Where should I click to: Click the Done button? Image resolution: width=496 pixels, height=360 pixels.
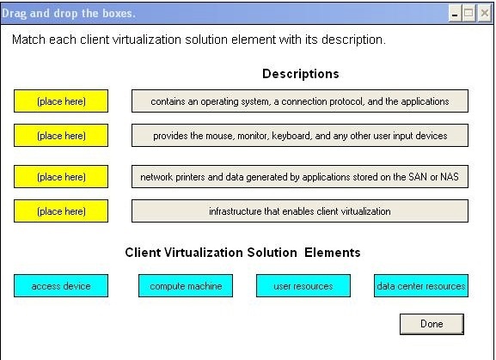click(x=432, y=324)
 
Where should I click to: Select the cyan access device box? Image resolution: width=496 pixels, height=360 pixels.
click(x=61, y=286)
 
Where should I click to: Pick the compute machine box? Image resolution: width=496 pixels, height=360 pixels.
click(x=186, y=286)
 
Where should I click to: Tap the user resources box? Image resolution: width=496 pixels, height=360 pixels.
click(x=303, y=286)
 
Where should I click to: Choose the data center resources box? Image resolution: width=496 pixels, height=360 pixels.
click(x=421, y=286)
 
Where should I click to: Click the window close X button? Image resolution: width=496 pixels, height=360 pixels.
click(x=485, y=14)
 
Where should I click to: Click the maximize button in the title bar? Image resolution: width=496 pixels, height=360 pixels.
click(x=468, y=14)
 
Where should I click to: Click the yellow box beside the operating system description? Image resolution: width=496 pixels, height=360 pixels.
click(x=61, y=101)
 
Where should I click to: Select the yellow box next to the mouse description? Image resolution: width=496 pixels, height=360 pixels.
click(x=61, y=136)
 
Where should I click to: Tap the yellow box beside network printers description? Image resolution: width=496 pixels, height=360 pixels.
click(x=61, y=177)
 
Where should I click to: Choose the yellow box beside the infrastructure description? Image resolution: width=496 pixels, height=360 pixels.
click(x=61, y=211)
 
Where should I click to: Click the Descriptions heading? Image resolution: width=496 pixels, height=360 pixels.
click(x=301, y=74)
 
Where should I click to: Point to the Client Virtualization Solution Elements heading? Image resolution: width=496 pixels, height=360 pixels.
click(x=242, y=253)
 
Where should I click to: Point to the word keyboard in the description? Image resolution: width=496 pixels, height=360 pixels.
click(x=291, y=136)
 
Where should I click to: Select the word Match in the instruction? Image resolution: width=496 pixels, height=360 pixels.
click(x=28, y=40)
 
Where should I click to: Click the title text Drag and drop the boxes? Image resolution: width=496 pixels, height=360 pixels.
click(x=69, y=13)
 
